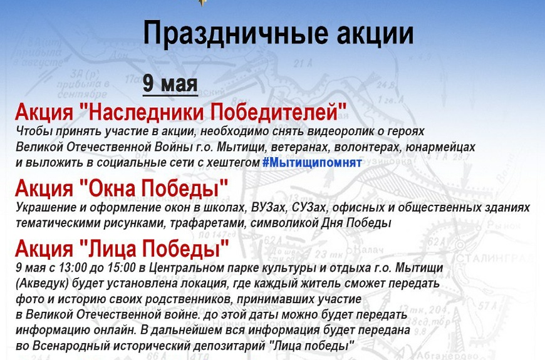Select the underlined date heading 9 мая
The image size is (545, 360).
tap(170, 84)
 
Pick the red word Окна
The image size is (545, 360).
tap(110, 188)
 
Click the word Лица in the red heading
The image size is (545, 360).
tap(110, 249)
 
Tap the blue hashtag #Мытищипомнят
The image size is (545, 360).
tap(312, 162)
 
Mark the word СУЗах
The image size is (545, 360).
tap(309, 207)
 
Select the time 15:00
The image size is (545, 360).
tap(121, 268)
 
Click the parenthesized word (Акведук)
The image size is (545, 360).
tap(42, 283)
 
